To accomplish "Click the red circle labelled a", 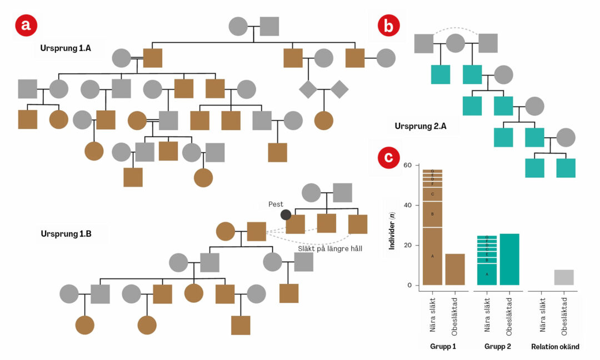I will (x=26, y=25).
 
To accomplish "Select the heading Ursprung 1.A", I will (x=66, y=48).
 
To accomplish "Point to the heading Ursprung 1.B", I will (x=66, y=234).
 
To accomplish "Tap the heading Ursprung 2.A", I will (x=419, y=126).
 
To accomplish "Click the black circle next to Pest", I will (x=286, y=215).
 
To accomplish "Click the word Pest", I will (x=276, y=204).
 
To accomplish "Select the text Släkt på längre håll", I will (x=329, y=248).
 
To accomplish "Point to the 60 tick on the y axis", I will (x=408, y=166).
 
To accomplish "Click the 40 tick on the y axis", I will (x=408, y=206).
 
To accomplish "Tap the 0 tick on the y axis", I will (x=410, y=286).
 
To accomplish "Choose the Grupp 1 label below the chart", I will (x=443, y=347).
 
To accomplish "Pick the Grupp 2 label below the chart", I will (x=497, y=347).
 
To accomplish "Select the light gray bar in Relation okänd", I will (x=564, y=278).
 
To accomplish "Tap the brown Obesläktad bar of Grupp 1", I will (x=455, y=269).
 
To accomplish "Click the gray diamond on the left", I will (x=308, y=88).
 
